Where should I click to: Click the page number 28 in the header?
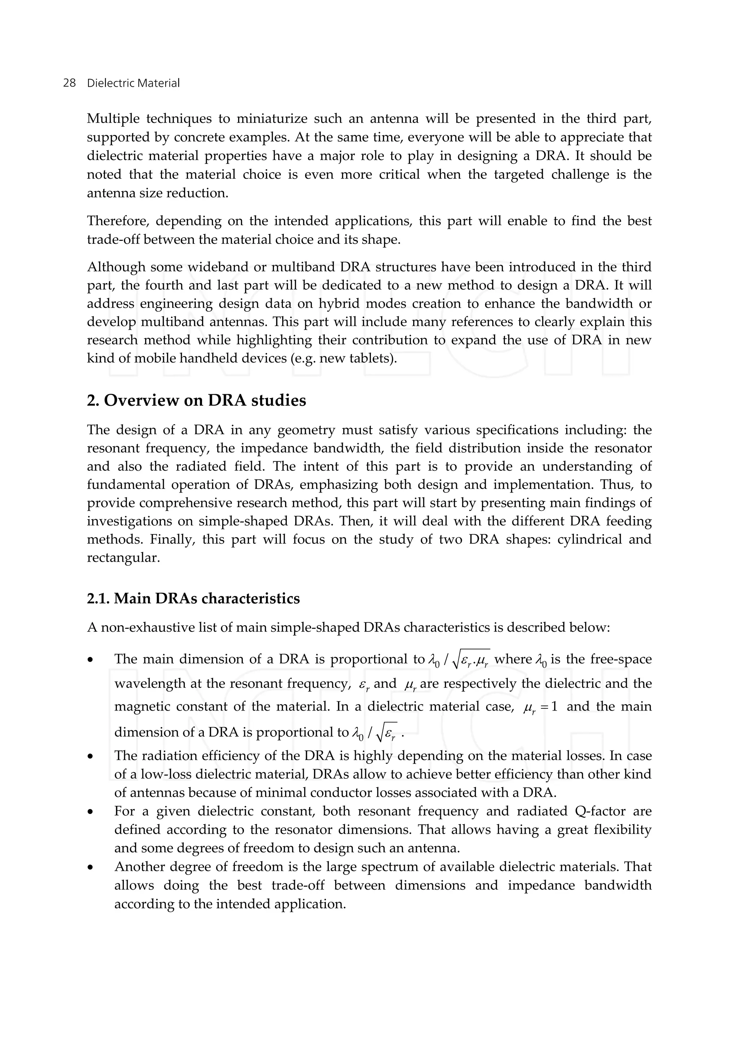pyautogui.click(x=69, y=83)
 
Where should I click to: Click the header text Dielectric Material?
pyautogui.click(x=133, y=83)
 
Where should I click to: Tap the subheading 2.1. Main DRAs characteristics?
pyautogui.click(x=193, y=598)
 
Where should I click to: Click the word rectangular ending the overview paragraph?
pyautogui.click(x=122, y=558)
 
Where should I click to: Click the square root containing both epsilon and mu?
pyautogui.click(x=471, y=660)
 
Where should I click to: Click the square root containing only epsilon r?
pyautogui.click(x=386, y=733)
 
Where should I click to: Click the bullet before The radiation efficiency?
pyautogui.click(x=91, y=756)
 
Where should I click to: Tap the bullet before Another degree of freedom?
pyautogui.click(x=91, y=867)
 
